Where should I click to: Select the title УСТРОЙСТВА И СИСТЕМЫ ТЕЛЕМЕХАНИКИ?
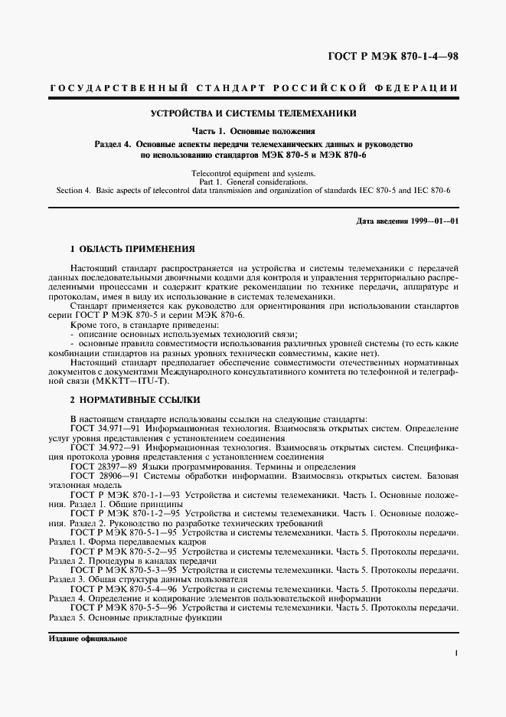click(253, 113)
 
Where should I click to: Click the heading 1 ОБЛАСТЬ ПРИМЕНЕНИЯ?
click(132, 249)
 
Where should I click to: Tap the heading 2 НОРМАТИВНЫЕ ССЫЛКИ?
click(135, 400)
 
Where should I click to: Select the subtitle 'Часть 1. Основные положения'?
click(253, 132)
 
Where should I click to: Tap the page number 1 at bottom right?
click(455, 653)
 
